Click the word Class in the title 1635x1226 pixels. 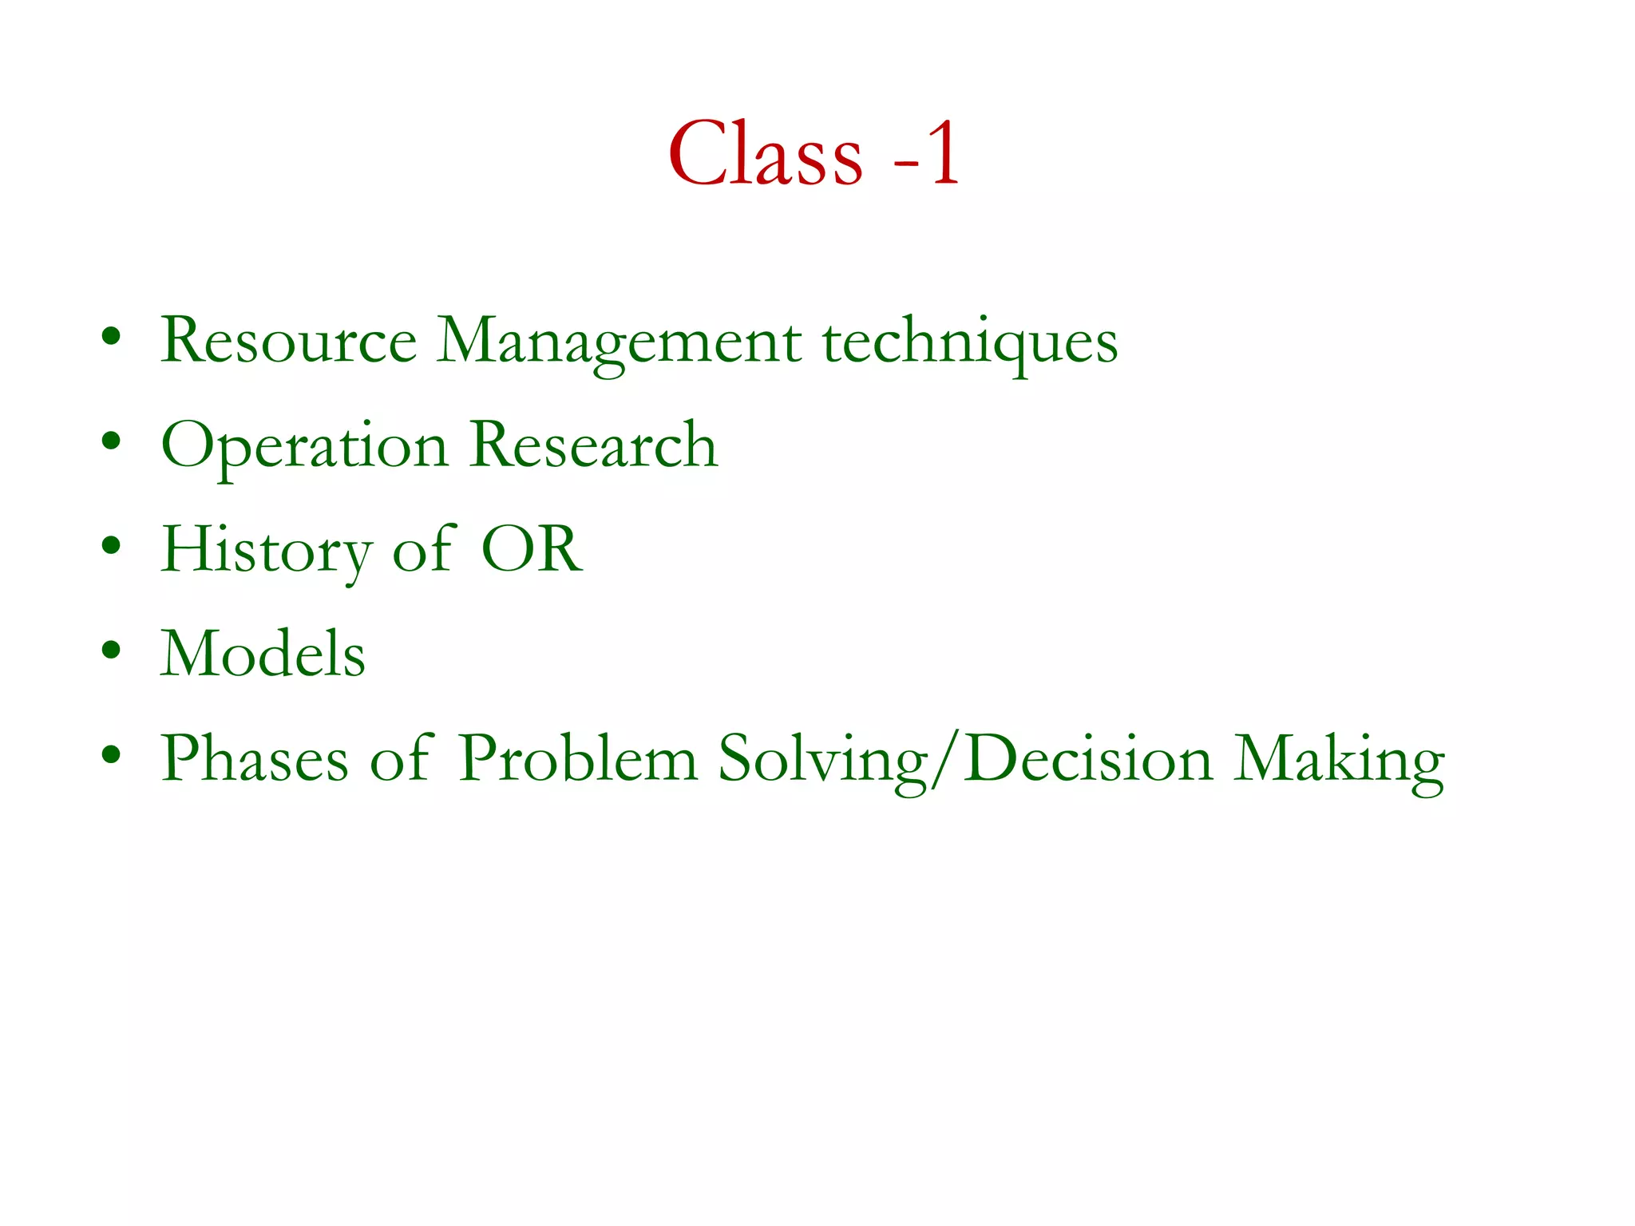[765, 153]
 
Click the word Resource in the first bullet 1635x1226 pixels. [288, 341]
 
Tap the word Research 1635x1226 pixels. [594, 445]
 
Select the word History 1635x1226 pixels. [266, 551]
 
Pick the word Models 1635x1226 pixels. [263, 654]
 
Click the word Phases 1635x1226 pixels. [255, 758]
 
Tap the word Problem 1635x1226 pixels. [578, 758]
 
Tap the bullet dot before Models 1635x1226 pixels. [111, 650]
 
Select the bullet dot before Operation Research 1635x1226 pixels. [111, 441]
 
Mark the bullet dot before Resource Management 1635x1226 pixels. [111, 336]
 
